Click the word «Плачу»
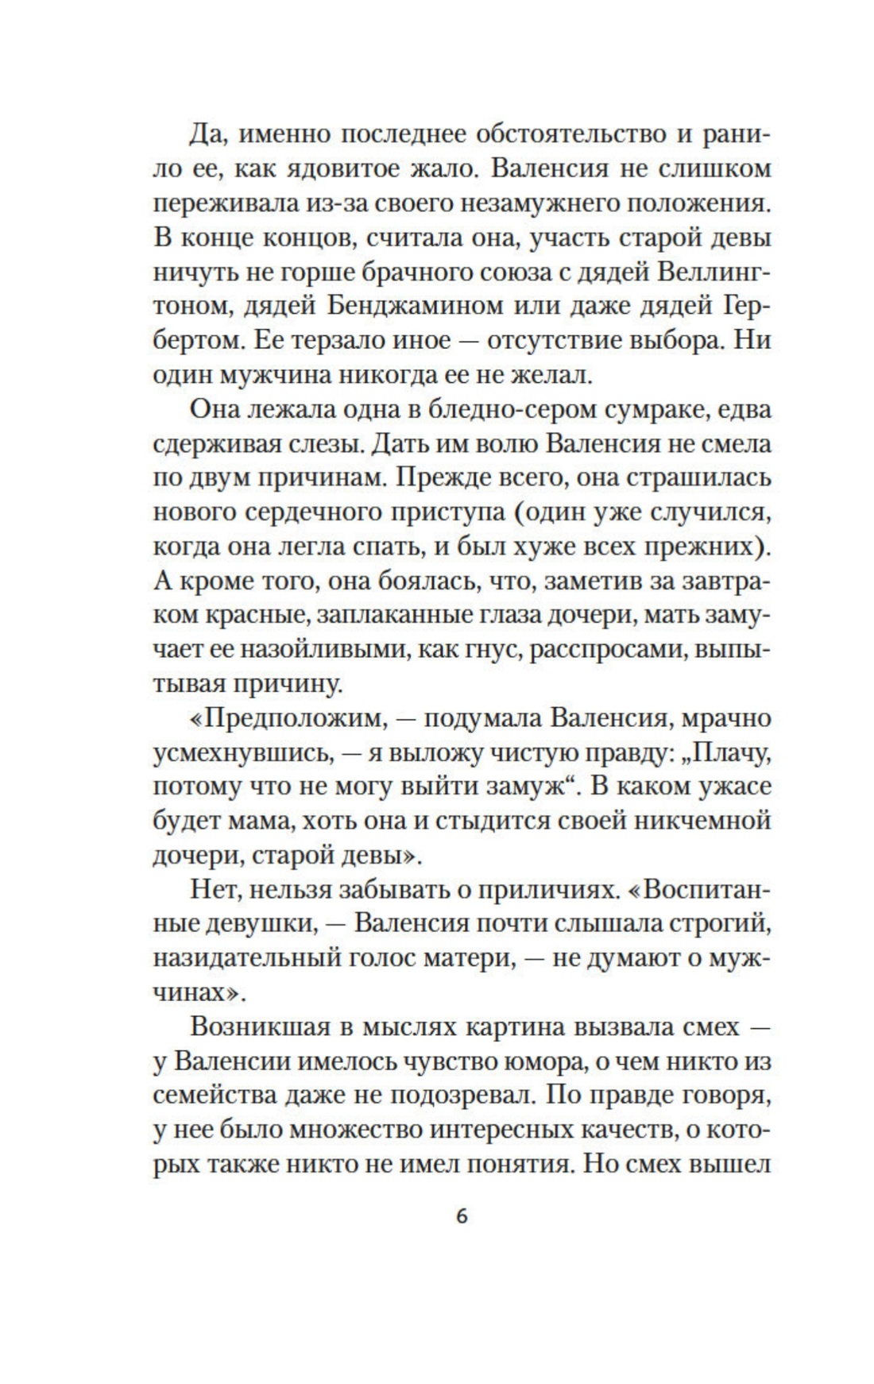pyautogui.click(x=725, y=752)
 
